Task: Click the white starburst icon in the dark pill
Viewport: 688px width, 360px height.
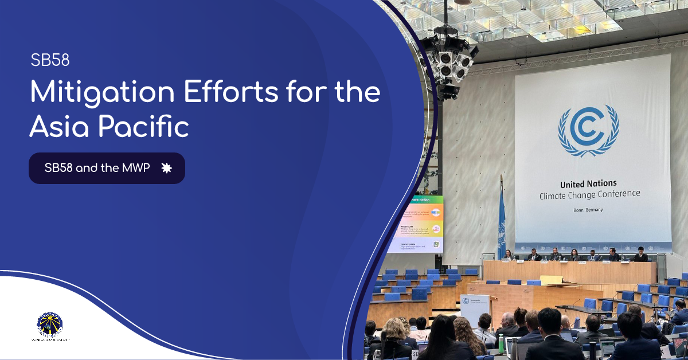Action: pos(167,168)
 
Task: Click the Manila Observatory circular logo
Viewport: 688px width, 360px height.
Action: pos(50,325)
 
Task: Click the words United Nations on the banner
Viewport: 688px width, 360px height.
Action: pos(588,184)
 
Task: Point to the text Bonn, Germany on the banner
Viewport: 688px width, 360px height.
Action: pos(588,210)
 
